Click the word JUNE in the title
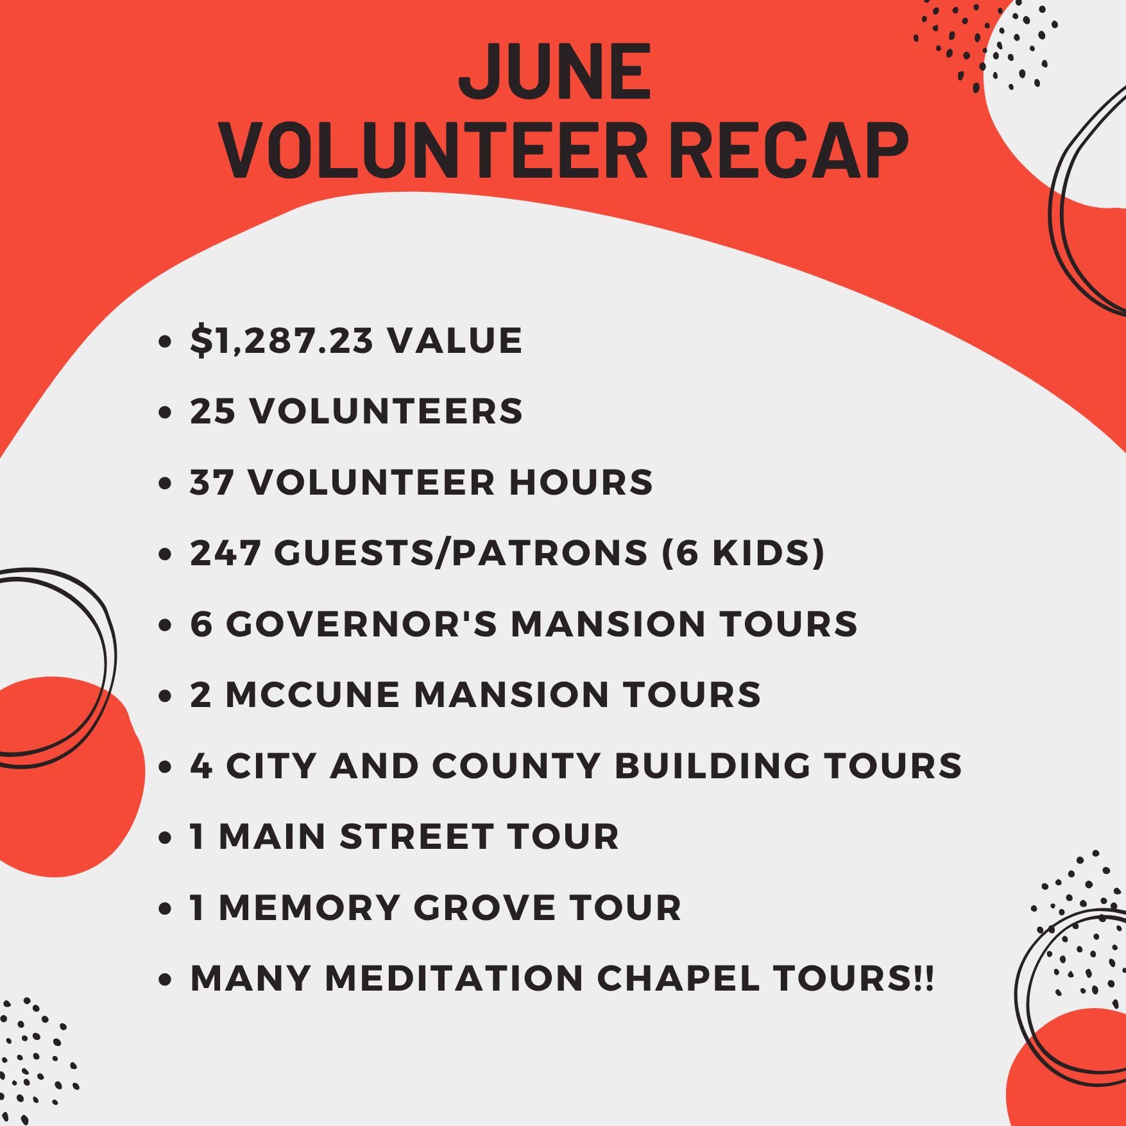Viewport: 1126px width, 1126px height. click(x=556, y=71)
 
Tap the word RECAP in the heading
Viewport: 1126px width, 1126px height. click(x=789, y=151)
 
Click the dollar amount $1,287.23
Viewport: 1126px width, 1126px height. click(x=281, y=340)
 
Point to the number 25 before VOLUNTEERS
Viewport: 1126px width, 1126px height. click(x=213, y=411)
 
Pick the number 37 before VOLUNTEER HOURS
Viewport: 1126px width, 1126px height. click(x=212, y=482)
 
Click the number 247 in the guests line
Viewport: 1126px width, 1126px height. click(x=225, y=553)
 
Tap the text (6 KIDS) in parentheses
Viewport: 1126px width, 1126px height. click(x=743, y=553)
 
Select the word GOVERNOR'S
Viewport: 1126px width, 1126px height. click(x=362, y=624)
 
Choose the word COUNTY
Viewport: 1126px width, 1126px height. click(x=516, y=766)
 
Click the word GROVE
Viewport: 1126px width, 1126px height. click(x=484, y=908)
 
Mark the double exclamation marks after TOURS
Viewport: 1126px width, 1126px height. click(x=925, y=978)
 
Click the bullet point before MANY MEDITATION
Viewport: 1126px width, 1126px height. click(x=166, y=980)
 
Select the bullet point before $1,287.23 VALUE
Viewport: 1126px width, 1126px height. click(x=166, y=341)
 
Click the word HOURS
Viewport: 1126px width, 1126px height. click(x=581, y=482)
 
